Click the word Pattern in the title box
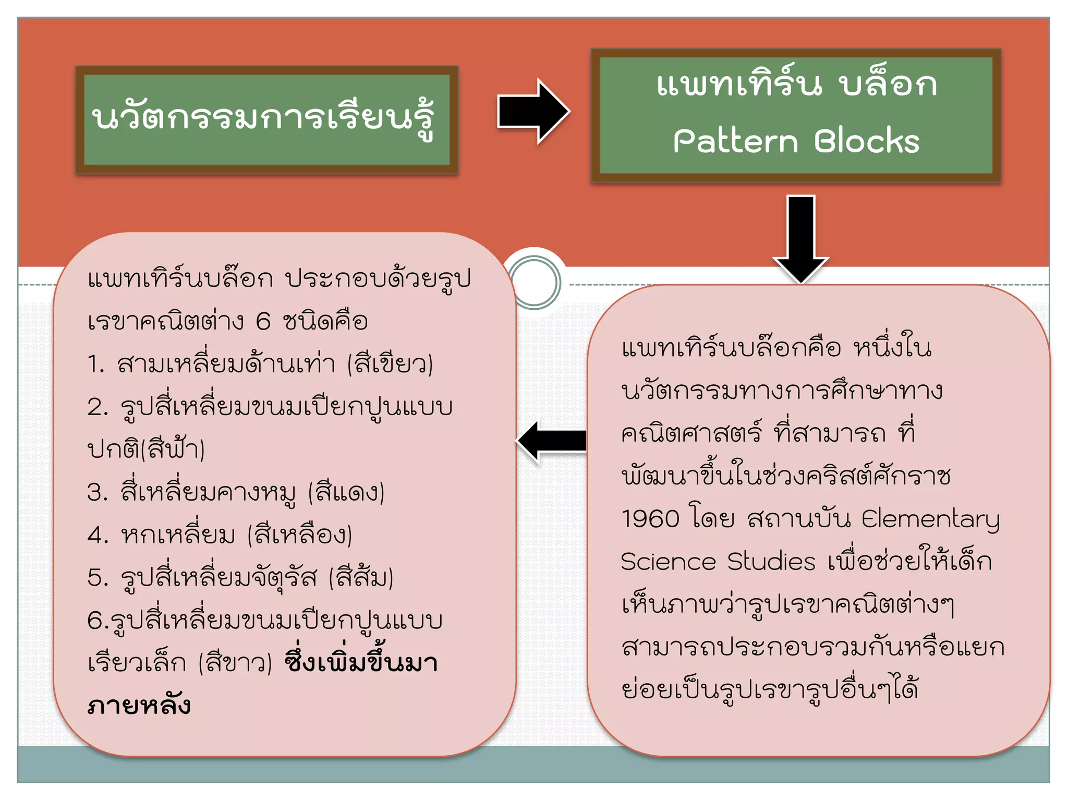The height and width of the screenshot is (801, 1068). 735,141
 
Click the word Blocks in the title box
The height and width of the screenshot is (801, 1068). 867,141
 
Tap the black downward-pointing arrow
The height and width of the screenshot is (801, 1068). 800,237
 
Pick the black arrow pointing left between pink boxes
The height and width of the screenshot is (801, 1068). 552,441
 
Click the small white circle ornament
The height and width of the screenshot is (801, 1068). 534,282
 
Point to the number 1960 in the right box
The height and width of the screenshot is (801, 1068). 650,519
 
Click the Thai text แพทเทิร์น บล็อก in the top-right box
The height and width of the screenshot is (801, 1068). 796,84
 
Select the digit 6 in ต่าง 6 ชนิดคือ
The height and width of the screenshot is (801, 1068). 263,321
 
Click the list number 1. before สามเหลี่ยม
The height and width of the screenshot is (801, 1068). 96,364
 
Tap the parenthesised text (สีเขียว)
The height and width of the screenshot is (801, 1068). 390,363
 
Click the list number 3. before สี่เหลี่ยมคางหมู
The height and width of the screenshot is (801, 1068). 98,492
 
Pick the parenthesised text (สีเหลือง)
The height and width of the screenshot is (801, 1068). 299,535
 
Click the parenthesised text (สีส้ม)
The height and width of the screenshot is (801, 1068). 361,578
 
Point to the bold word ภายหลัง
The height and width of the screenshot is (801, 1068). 139,705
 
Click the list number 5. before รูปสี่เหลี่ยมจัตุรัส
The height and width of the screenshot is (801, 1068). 98,578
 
